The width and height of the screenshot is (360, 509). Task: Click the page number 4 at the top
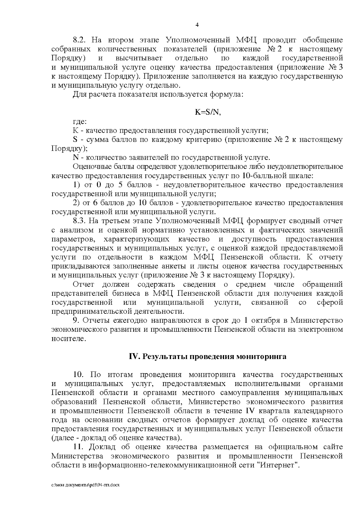coord(197,25)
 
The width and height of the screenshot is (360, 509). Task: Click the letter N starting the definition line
coord(75,158)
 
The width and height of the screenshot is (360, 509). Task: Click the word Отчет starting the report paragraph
coord(84,284)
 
